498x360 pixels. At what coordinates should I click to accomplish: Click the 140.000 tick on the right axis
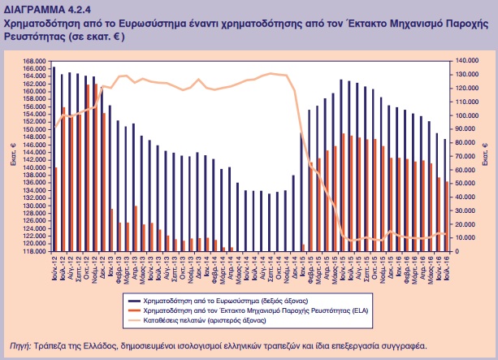[x=467, y=61]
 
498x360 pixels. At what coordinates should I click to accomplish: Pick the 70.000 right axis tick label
[x=466, y=156]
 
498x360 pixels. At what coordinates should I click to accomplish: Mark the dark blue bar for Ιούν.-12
[x=54, y=158]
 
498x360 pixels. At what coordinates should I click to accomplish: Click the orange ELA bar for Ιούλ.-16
[x=448, y=216]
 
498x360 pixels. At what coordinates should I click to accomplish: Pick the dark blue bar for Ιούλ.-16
[x=444, y=194]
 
